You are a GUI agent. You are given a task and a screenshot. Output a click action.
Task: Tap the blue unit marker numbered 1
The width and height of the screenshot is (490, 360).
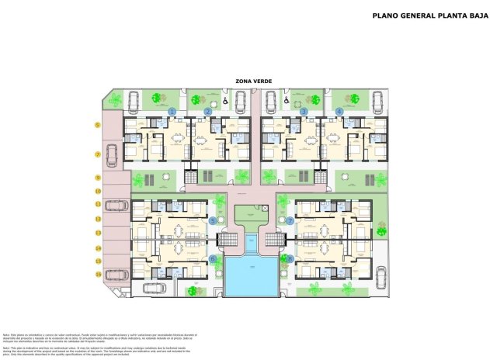(172, 112)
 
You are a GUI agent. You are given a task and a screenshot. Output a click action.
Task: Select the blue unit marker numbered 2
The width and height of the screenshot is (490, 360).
(208, 112)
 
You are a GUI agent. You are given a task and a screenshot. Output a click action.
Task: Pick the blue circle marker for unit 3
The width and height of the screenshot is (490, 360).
(304, 112)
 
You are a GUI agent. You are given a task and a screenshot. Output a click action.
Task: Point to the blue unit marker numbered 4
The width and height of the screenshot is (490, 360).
(339, 112)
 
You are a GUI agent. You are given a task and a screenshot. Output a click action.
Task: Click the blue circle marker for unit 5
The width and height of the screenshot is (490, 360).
(214, 220)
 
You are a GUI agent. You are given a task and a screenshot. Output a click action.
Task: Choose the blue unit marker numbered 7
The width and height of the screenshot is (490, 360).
(290, 220)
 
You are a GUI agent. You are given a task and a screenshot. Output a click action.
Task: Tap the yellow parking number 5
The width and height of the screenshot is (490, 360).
(98, 125)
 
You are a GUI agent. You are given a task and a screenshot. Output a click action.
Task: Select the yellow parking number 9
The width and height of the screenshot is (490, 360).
(98, 178)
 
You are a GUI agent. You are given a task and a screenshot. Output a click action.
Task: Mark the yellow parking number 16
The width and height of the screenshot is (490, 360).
(98, 274)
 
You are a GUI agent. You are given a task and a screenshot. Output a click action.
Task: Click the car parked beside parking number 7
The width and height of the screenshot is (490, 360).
(113, 154)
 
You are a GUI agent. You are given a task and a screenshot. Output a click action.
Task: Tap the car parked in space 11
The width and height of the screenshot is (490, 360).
(117, 206)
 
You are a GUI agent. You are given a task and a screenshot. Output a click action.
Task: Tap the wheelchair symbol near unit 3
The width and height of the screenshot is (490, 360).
(286, 100)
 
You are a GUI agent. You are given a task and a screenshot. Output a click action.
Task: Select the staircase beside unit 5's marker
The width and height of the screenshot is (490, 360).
(228, 240)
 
